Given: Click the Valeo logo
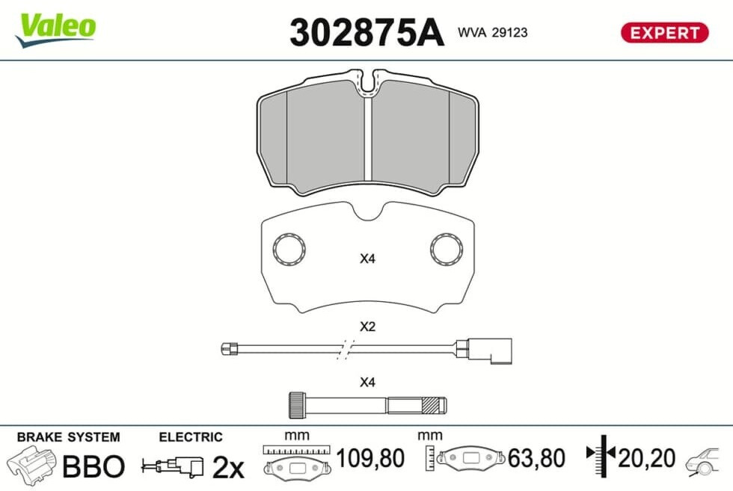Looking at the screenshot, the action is [x=55, y=29].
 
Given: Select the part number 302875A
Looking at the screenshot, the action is [x=366, y=33].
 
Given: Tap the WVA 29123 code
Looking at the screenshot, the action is [x=493, y=32].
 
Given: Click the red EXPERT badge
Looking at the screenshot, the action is [x=664, y=33].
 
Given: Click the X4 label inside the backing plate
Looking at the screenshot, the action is [x=367, y=259].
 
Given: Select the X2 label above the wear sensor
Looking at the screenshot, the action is [x=367, y=326].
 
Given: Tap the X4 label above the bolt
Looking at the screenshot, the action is [x=367, y=382].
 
